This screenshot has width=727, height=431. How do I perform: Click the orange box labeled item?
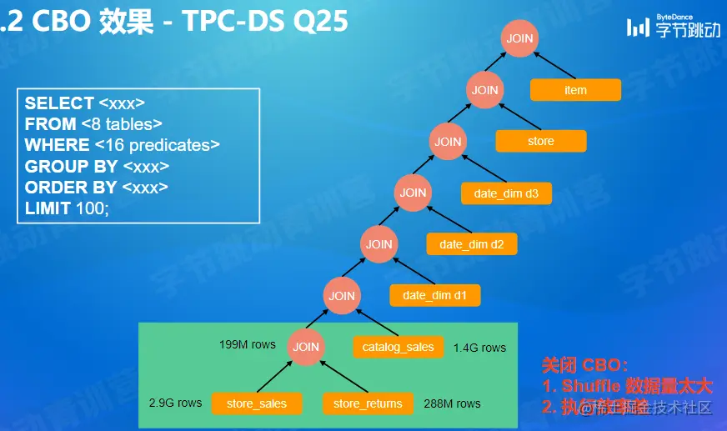coord(575,90)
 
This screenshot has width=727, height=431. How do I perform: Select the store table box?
coord(540,141)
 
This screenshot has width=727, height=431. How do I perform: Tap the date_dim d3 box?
coord(506,193)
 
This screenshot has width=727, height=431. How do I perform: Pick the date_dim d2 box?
coord(472,244)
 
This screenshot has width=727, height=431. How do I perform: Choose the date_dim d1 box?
coord(435,295)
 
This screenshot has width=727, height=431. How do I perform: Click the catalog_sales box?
coord(398,347)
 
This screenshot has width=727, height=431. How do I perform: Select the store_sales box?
coord(256,403)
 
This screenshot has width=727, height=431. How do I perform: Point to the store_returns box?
coord(368,403)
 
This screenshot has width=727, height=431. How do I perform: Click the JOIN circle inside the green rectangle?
coord(306,347)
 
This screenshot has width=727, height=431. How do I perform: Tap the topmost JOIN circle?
coord(520,38)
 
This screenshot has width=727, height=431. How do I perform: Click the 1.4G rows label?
coord(479,348)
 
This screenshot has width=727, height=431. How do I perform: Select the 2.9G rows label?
coord(176,403)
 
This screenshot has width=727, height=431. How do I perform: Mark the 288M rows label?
coord(452,403)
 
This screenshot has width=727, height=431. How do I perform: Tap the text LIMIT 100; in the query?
coord(67,208)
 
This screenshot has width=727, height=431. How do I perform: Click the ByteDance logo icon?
coord(638,27)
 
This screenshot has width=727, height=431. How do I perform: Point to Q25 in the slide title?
coord(319,22)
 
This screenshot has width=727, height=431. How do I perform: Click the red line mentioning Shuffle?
coord(628,386)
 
